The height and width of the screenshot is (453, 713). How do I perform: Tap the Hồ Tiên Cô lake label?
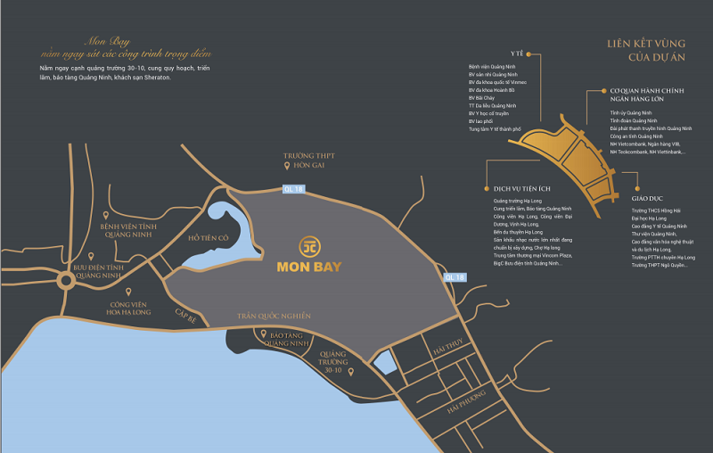[209, 238]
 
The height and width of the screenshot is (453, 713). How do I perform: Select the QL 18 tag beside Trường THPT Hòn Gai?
[293, 188]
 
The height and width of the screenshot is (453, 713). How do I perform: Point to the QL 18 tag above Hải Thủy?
[454, 277]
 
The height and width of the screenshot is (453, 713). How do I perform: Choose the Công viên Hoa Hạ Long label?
[130, 308]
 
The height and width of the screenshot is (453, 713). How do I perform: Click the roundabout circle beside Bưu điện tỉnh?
[68, 284]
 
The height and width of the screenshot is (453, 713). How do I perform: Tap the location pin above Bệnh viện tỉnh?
[107, 216]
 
